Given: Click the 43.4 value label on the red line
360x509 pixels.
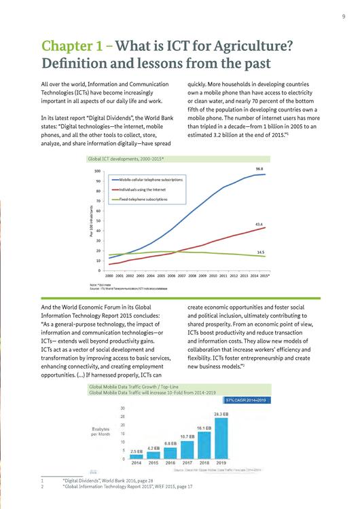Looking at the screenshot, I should [259, 223].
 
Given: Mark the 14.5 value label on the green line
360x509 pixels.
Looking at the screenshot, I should [260, 252].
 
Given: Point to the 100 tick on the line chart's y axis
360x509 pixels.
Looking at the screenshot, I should [97, 172].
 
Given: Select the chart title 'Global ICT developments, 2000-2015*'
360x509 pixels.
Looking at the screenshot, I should [128, 157].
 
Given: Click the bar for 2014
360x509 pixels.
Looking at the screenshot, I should [136, 456].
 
